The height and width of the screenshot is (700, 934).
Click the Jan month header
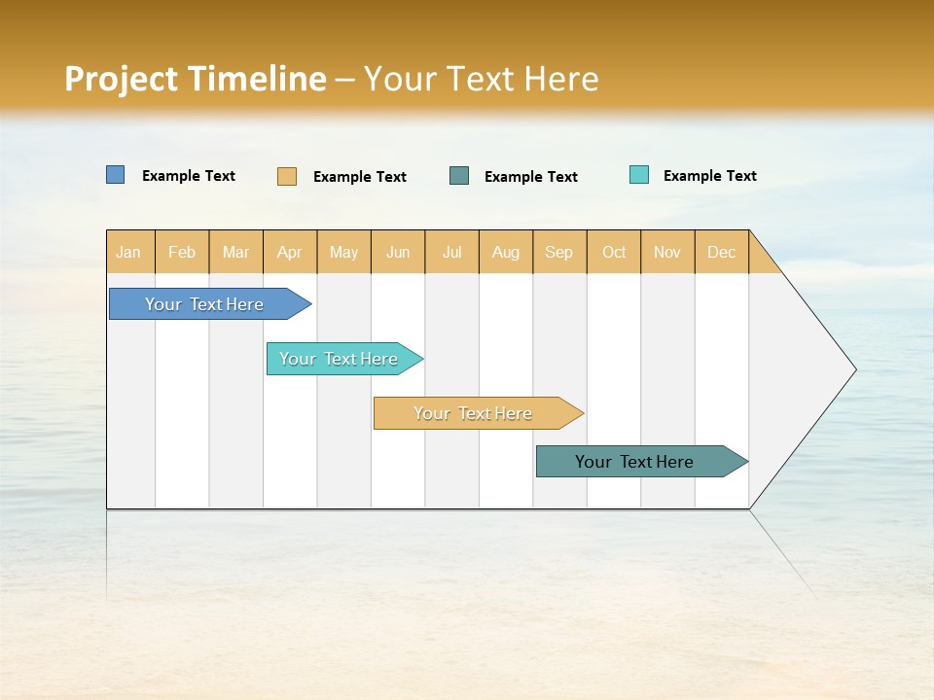[x=128, y=252]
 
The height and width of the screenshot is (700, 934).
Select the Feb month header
[x=182, y=252]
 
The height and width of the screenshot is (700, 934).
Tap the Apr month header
[x=289, y=252]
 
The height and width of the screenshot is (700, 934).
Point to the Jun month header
[x=398, y=252]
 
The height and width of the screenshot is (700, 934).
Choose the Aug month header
[x=505, y=252]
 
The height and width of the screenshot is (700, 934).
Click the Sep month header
[x=558, y=252]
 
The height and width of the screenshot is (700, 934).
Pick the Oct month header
[x=614, y=252]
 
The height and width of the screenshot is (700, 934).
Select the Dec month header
[x=721, y=252]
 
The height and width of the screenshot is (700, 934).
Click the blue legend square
[x=116, y=175]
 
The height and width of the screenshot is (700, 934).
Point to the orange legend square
[x=287, y=176]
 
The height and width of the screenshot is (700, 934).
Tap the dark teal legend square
[x=459, y=176]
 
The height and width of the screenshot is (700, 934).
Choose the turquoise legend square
[x=639, y=175]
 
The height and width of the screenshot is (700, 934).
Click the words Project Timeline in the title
[x=196, y=79]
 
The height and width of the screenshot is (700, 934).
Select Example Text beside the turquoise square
[x=709, y=176]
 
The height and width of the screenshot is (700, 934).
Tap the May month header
[x=343, y=252]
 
